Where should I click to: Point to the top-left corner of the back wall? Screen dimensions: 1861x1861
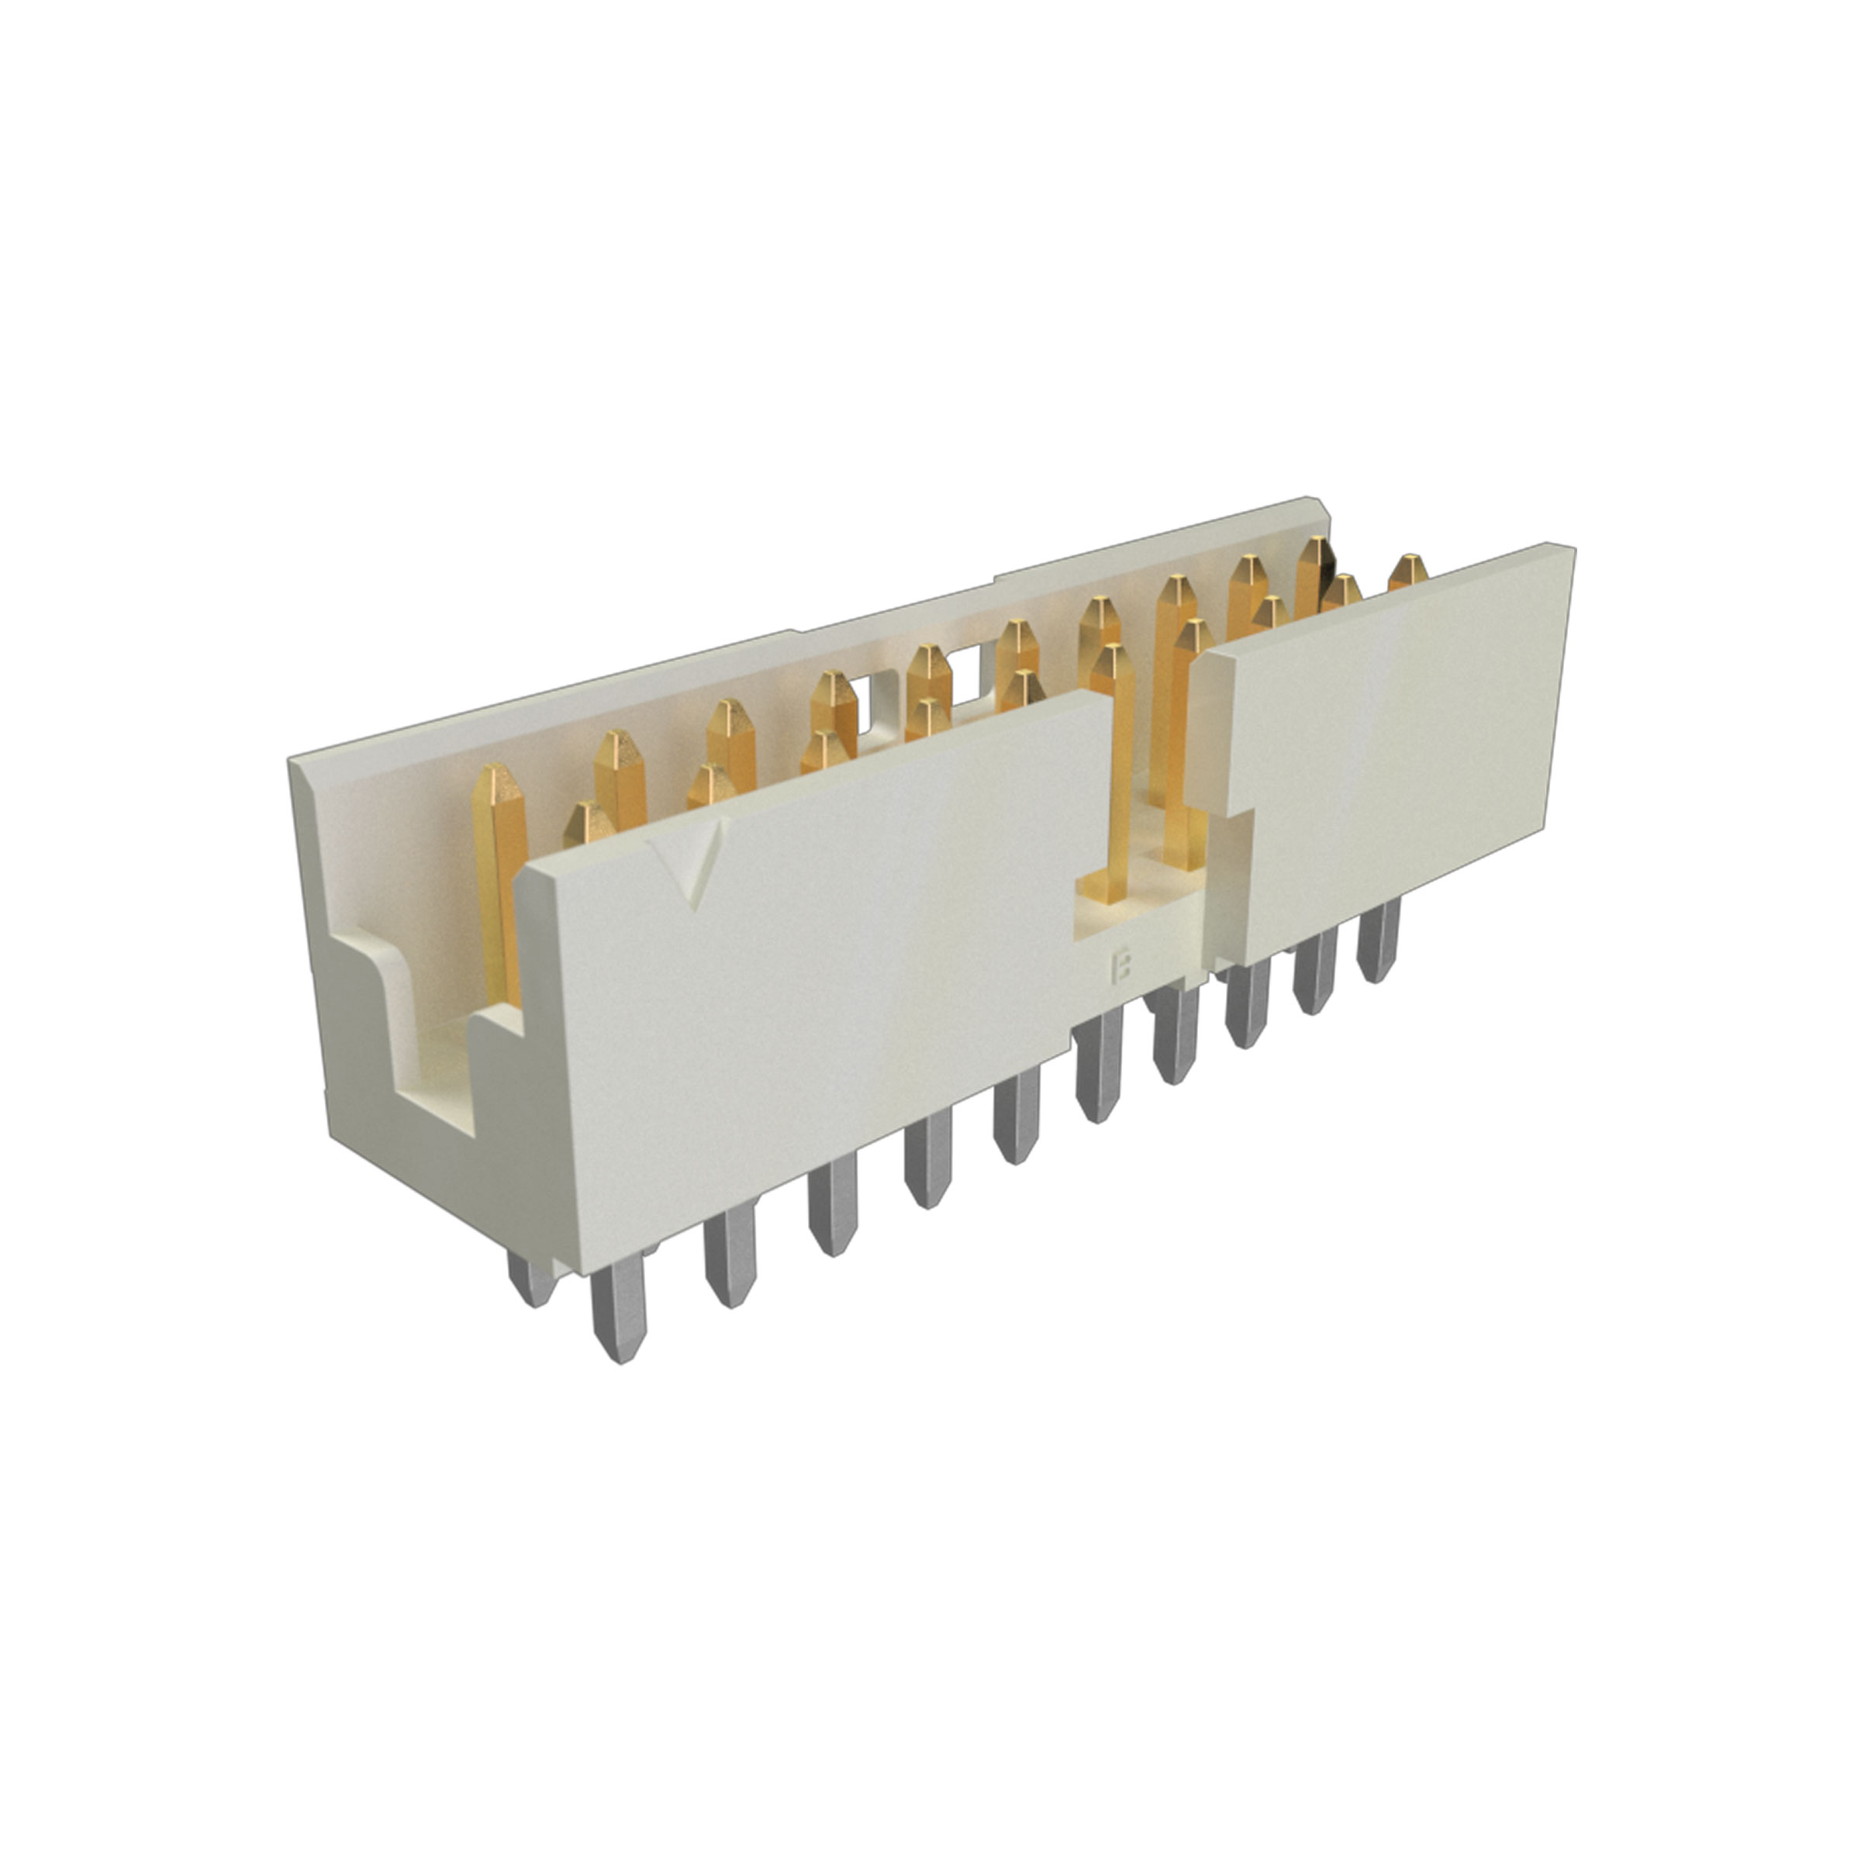(x=295, y=761)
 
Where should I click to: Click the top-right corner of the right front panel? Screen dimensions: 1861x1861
(x=1570, y=549)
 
